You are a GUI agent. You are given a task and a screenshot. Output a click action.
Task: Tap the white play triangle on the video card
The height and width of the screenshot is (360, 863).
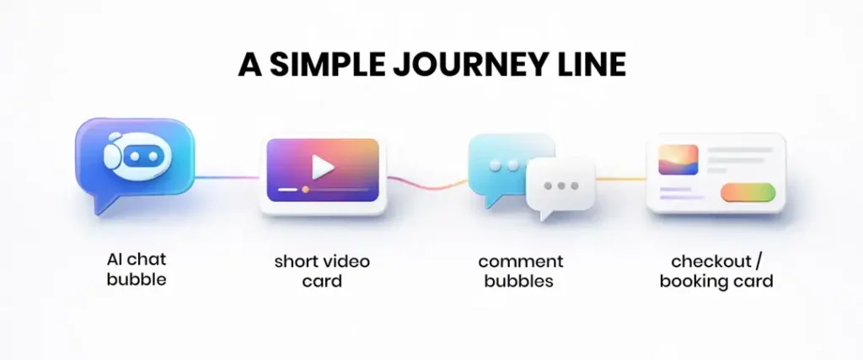click(x=322, y=167)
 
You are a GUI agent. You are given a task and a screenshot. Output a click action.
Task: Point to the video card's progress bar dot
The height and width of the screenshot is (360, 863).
click(x=305, y=190)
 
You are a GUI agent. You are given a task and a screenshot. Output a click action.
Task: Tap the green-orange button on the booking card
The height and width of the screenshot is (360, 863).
click(x=747, y=193)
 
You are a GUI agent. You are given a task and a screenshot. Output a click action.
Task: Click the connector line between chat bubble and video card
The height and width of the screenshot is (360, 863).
click(x=228, y=177)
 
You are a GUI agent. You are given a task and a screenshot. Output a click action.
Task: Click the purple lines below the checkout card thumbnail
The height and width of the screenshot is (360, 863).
click(x=681, y=193)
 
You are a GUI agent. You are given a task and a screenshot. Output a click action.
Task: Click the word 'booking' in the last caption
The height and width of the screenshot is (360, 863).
click(x=694, y=281)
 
